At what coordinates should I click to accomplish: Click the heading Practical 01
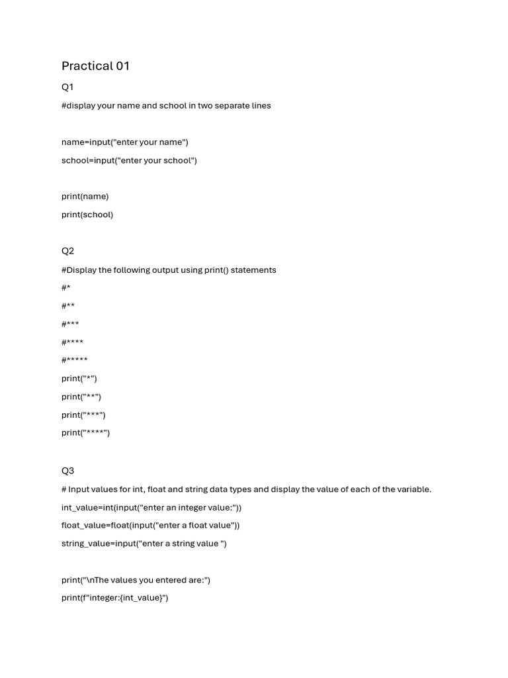[x=95, y=66]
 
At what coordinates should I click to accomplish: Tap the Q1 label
[x=67, y=87]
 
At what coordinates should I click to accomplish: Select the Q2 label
[x=67, y=251]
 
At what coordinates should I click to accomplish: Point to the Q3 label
[x=67, y=471]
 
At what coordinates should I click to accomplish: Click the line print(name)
[x=85, y=197]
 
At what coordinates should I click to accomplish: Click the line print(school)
[x=87, y=215]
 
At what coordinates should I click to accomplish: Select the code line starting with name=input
[x=125, y=142]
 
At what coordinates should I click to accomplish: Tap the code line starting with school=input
[x=129, y=160]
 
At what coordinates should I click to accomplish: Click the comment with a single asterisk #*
[x=66, y=287]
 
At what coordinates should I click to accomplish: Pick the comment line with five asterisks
[x=75, y=360]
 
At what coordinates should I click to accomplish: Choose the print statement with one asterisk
[x=79, y=379]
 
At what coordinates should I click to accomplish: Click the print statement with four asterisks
[x=86, y=433]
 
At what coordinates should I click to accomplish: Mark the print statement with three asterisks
[x=83, y=415]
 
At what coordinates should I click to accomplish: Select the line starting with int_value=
[x=151, y=508]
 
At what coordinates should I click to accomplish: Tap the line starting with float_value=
[x=151, y=526]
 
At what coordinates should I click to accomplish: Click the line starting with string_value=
[x=144, y=544]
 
